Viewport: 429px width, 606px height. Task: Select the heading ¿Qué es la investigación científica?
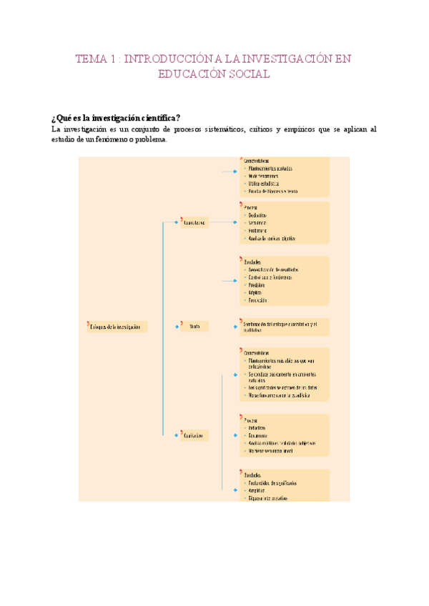point(114,118)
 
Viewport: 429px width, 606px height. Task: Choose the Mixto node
point(194,327)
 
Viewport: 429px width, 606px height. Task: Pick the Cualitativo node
point(194,434)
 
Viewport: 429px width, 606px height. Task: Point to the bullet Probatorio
point(260,230)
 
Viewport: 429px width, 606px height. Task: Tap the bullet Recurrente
point(259,435)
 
